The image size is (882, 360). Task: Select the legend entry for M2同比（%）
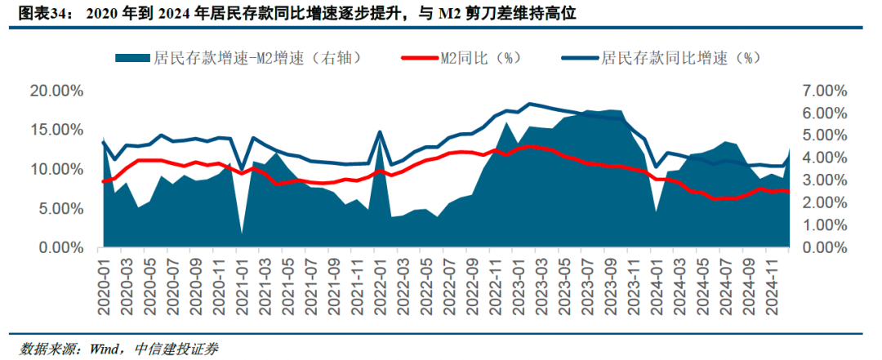[480, 58]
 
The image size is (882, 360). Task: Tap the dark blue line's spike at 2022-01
[380, 131]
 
